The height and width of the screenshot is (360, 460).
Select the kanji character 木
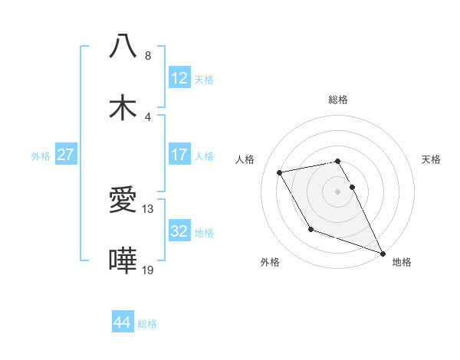point(123,106)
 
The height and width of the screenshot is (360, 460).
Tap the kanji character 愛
point(123,201)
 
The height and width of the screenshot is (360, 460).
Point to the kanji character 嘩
point(123,260)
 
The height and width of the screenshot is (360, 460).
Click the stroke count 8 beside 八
point(147,55)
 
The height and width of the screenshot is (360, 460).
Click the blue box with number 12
point(179,78)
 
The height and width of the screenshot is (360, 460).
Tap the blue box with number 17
point(179,154)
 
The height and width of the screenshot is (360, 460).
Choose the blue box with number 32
point(179,231)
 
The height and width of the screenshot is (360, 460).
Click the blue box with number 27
point(65,155)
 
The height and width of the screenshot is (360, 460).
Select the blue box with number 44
point(123,322)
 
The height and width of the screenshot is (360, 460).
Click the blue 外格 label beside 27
point(41,156)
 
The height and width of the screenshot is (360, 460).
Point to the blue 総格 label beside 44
point(147,324)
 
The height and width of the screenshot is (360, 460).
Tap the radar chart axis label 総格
point(338,100)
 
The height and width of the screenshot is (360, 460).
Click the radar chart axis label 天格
point(431,159)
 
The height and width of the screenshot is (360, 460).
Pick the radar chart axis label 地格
point(402,262)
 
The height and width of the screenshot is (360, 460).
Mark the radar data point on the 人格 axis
point(279,172)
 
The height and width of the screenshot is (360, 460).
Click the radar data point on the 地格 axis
point(383,253)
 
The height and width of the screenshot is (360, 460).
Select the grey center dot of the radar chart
point(338,191)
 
